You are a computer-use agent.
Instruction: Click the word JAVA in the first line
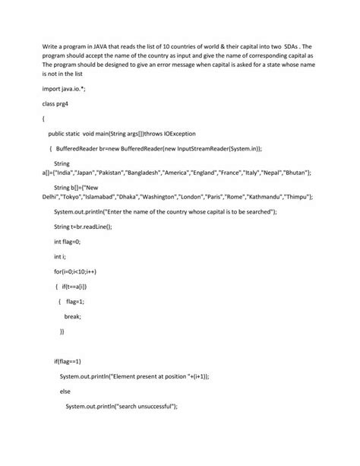[x=95, y=46]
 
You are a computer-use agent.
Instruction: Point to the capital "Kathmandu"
[x=264, y=196]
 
